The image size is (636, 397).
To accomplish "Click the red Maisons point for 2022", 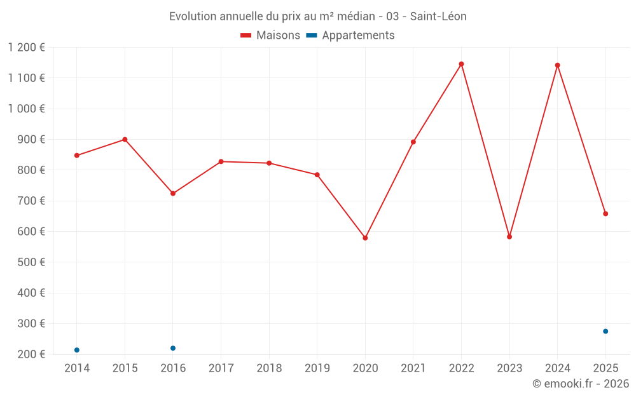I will [x=461, y=64].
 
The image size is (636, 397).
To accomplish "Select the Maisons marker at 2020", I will [x=365, y=238].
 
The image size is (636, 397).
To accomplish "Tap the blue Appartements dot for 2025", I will [x=605, y=331].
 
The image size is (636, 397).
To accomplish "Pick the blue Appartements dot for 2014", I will [x=77, y=350].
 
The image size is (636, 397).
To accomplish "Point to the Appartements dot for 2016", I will [x=173, y=348].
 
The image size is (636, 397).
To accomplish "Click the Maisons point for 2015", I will [x=125, y=139].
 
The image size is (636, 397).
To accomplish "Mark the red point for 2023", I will [x=509, y=236].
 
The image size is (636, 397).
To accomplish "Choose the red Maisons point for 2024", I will [x=557, y=65].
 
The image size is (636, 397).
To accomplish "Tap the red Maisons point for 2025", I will [x=605, y=213].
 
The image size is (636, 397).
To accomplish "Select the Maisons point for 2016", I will [x=173, y=193].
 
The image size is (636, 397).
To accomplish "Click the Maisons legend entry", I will [x=270, y=36].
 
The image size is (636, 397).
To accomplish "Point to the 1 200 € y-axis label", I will [x=26, y=48].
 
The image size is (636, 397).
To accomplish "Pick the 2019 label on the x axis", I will [x=317, y=368].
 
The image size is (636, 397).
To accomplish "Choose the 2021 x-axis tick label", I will [x=413, y=368].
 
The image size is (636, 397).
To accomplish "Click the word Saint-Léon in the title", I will [x=438, y=17].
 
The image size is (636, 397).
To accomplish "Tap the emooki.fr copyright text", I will [x=580, y=384].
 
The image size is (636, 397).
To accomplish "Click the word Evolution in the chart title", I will [x=191, y=17].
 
